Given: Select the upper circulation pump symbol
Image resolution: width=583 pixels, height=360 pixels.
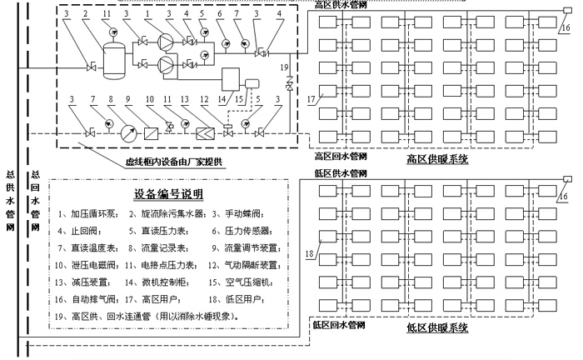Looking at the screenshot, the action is pos(166,42).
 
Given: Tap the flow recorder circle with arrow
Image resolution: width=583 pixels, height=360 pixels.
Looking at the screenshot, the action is pos(128,133).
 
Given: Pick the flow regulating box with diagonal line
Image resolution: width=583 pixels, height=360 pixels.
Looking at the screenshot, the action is pos(151,133).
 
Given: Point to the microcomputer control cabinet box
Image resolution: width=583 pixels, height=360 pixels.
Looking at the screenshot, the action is pos(231,79).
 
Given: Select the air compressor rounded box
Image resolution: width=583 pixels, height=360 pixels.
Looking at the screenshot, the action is pos(252,83).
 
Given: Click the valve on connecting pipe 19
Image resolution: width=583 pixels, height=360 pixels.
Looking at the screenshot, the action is pos(289,83).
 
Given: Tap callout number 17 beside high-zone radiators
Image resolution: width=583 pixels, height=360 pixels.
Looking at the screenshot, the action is pos(311,99).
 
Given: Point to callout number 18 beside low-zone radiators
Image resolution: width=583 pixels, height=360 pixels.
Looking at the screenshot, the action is pos(309,254).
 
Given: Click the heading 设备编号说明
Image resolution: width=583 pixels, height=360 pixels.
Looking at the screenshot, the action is pos(168,194).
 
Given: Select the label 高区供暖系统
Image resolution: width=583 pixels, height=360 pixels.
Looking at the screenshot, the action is pos(437,159).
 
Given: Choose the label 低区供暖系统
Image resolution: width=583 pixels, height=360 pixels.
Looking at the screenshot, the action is pos(437,328).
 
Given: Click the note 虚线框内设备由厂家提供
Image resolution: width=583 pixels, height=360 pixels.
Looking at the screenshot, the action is pos(174,162).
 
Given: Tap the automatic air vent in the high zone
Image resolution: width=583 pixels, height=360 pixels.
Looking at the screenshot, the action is pos(567,11).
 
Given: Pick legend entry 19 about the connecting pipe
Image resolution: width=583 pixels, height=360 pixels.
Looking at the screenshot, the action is pos(147,317).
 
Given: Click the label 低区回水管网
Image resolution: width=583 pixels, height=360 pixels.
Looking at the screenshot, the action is pos(339,325).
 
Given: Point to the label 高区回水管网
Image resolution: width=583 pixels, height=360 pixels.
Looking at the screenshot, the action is pos(341,156).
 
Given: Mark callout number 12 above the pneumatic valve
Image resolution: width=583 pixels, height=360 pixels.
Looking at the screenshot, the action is pos(204,99).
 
